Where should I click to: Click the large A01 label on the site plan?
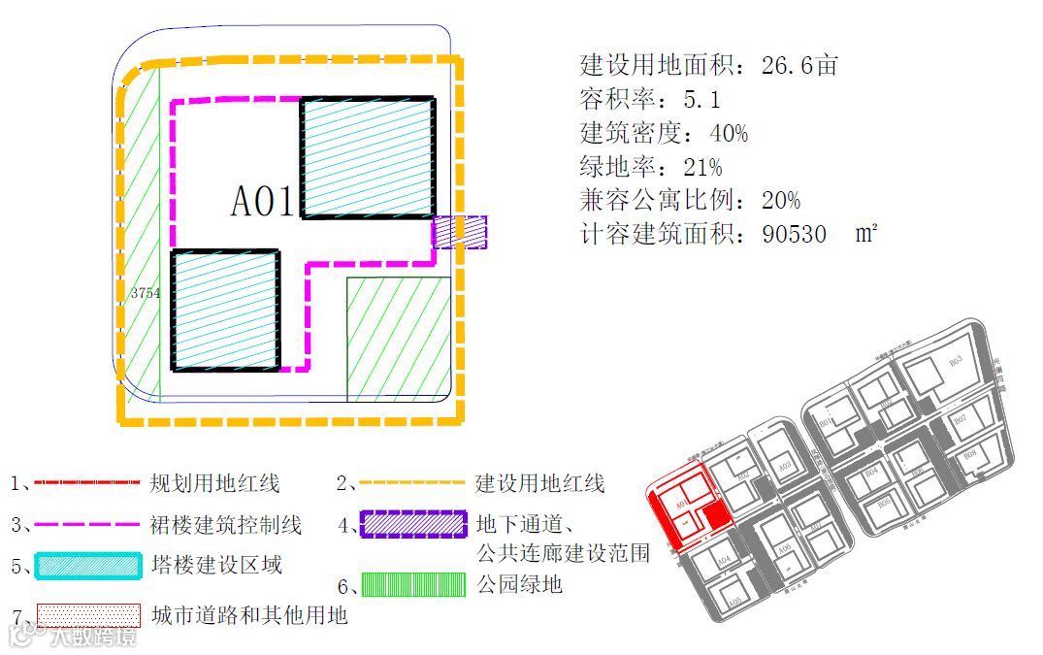click(x=262, y=202)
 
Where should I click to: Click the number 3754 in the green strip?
click(x=145, y=293)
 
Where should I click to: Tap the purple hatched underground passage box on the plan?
click(x=459, y=232)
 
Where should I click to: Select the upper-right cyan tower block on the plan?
click(x=367, y=158)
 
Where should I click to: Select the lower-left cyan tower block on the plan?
click(x=226, y=311)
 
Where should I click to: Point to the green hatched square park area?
click(x=399, y=339)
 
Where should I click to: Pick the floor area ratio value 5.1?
click(x=701, y=99)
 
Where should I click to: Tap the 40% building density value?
click(x=727, y=133)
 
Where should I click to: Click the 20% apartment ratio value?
click(x=780, y=201)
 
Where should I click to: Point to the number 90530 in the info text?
click(x=781, y=235)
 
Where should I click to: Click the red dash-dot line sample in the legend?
click(x=87, y=482)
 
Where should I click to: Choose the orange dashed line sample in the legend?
click(x=412, y=482)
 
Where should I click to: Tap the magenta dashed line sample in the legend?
click(x=87, y=525)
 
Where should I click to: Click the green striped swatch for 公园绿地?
click(x=412, y=585)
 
